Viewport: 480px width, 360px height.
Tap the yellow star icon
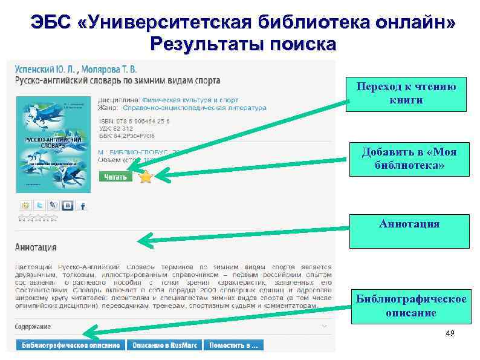tap(146, 177)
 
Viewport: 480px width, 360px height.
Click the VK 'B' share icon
tap(68, 206)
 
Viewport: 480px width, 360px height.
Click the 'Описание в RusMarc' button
tap(163, 345)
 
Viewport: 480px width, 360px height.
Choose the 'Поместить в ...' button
tap(233, 345)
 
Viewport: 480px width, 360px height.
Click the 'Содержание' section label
tap(33, 327)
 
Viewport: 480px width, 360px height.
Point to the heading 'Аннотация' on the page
tap(36, 247)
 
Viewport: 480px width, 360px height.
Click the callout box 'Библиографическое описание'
tap(410, 306)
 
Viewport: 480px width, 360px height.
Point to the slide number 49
tap(449, 334)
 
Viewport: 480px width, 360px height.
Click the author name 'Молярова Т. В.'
tap(113, 69)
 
